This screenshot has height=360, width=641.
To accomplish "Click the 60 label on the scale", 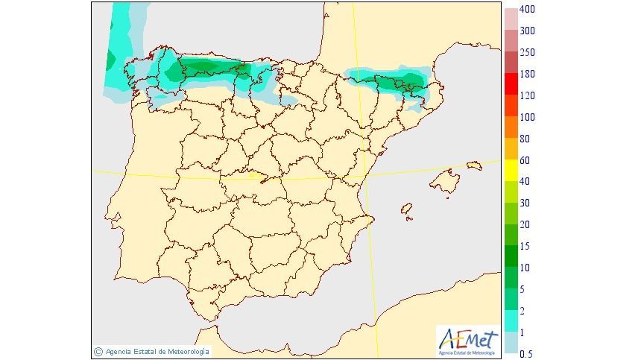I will [x=525, y=160].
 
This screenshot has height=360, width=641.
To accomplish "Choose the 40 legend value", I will [x=525, y=181].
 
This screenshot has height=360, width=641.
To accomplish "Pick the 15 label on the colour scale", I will [x=525, y=246].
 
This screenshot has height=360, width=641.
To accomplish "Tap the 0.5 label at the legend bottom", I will [x=527, y=353].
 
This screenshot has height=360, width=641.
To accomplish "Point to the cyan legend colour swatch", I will [x=511, y=321].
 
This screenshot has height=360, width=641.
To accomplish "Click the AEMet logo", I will [x=467, y=340].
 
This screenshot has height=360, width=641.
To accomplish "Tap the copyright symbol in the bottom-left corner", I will [x=98, y=351].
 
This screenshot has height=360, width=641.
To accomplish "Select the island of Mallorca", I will [x=446, y=180].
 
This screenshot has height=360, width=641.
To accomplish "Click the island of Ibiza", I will [x=406, y=211].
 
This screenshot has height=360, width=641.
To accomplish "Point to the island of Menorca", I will [x=474, y=165].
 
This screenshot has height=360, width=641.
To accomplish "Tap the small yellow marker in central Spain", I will [x=258, y=177].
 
